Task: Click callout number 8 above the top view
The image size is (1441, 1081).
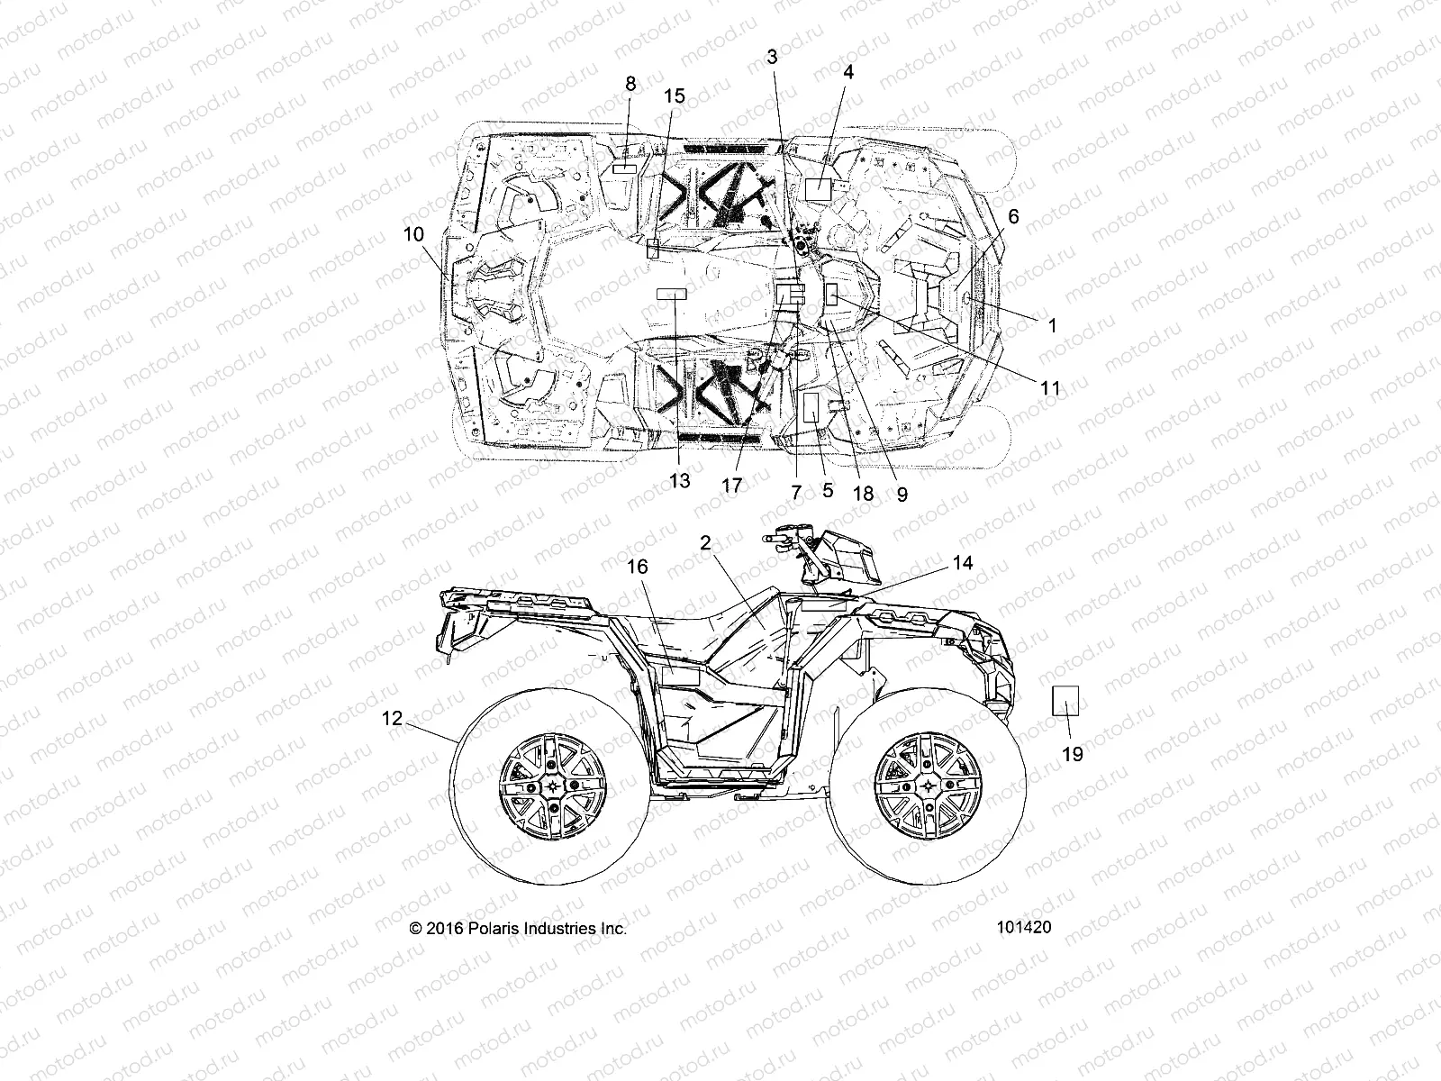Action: point(630,84)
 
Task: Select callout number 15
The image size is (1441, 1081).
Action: point(675,96)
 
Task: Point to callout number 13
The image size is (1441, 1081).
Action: point(680,480)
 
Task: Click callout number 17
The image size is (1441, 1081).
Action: point(732,486)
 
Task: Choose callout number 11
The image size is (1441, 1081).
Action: point(1050,388)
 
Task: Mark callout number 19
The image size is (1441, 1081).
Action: point(1073,754)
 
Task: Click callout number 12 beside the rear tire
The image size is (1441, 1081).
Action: point(392,718)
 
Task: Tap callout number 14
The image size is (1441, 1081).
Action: point(963,563)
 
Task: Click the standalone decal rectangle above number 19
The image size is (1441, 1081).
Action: point(1067,698)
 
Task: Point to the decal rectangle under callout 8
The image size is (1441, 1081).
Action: point(625,168)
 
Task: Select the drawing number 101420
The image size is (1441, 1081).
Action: point(1023,927)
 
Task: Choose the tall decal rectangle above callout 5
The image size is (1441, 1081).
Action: point(811,407)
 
